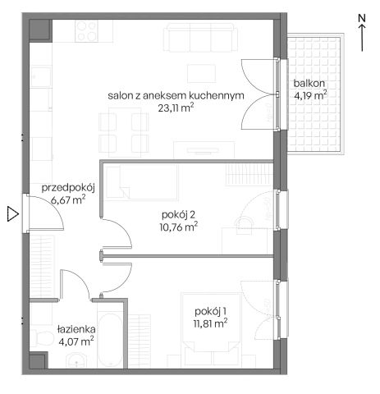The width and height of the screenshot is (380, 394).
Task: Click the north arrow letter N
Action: [x=362, y=16]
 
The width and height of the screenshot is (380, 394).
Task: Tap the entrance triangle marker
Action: [x=11, y=215]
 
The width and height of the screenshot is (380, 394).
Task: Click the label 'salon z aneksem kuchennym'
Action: [x=176, y=95]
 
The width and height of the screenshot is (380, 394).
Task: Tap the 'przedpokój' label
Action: [x=69, y=186]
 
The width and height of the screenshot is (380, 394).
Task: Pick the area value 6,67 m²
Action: [x=68, y=199]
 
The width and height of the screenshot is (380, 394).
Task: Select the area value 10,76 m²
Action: [x=179, y=228]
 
